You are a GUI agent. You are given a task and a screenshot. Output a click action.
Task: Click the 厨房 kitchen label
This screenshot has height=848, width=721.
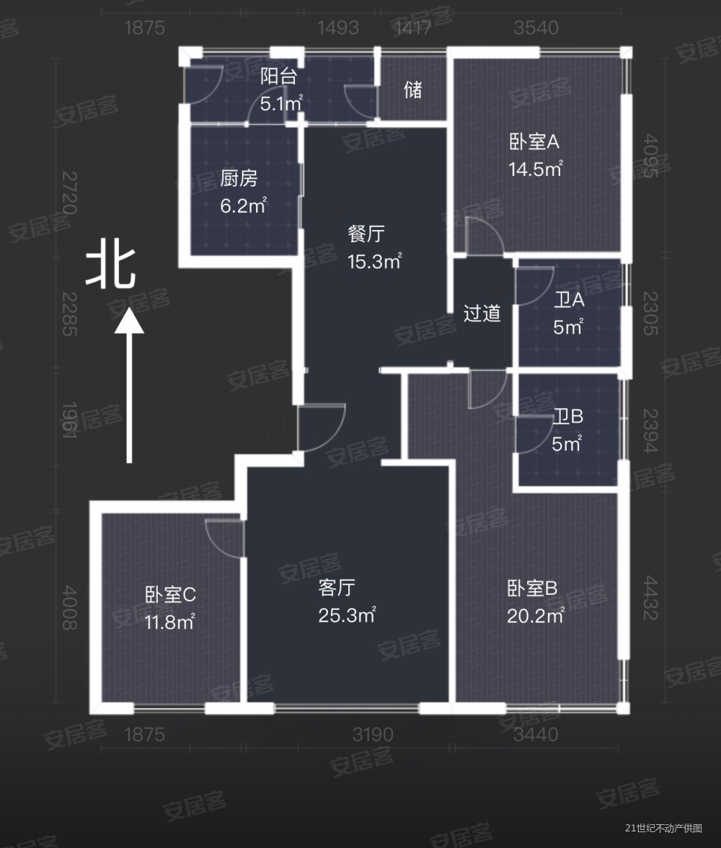(239, 180)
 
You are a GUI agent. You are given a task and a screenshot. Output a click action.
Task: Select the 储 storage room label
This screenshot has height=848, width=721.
(413, 91)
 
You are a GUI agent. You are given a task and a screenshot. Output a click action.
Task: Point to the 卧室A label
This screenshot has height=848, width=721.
(534, 143)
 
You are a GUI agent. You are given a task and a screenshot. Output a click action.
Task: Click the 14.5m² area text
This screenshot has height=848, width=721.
(534, 171)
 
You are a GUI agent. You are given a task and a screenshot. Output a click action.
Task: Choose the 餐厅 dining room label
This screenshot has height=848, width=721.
(366, 234)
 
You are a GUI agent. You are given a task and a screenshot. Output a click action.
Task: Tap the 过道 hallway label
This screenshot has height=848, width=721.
(482, 314)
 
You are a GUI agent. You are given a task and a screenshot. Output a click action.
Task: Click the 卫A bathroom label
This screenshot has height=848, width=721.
(569, 299)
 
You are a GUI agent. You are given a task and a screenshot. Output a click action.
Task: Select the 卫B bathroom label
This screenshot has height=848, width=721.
(568, 418)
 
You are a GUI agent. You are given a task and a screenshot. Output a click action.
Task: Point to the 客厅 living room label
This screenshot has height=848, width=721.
(337, 588)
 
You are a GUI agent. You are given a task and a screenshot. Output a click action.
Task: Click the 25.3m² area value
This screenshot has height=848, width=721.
(346, 616)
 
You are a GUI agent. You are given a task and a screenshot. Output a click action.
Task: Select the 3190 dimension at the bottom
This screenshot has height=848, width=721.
(373, 735)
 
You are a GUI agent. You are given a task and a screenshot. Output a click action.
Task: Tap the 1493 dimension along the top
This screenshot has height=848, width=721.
(338, 29)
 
